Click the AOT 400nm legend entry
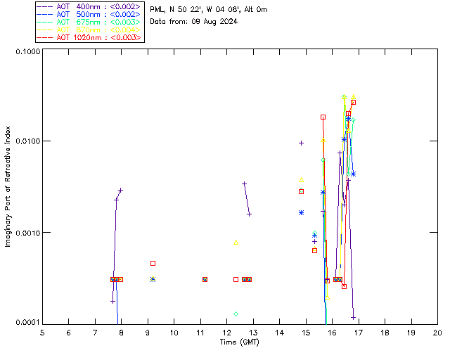tap(89, 6)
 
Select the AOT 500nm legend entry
tap(89, 14)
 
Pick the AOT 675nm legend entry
tap(89, 22)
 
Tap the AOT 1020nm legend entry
tap(89, 37)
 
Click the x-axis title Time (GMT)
tap(240, 342)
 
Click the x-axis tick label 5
tap(42, 333)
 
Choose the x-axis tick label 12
tap(226, 333)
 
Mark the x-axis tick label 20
tap(437, 333)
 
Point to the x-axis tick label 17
tap(358, 333)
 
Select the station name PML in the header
tap(157, 10)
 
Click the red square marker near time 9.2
tap(153, 263)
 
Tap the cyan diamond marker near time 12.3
tap(236, 314)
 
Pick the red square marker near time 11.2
tap(205, 279)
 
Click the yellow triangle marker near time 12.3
tap(236, 243)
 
